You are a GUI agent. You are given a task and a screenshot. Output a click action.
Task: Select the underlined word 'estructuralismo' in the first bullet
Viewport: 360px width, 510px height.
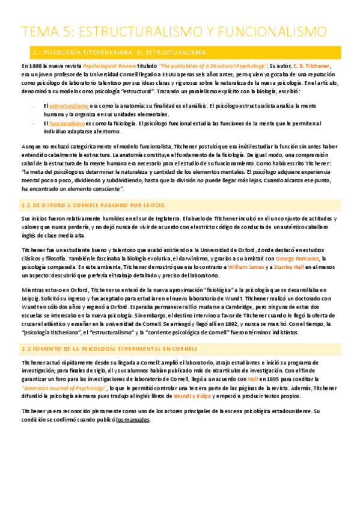pos(69,106)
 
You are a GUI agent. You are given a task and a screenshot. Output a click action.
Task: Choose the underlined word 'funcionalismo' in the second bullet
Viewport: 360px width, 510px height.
pos(68,123)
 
